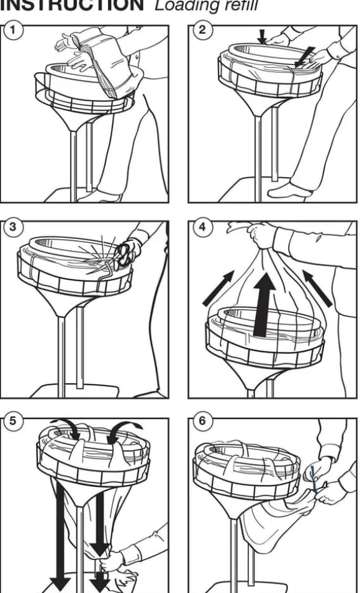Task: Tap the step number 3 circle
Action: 12,227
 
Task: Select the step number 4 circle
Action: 202,227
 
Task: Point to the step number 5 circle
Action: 12,421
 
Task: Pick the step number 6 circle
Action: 202,421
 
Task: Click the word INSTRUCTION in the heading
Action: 72,6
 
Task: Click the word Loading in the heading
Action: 188,6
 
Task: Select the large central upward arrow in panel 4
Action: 264,304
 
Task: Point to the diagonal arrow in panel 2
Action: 305,57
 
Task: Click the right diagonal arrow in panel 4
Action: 317,288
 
